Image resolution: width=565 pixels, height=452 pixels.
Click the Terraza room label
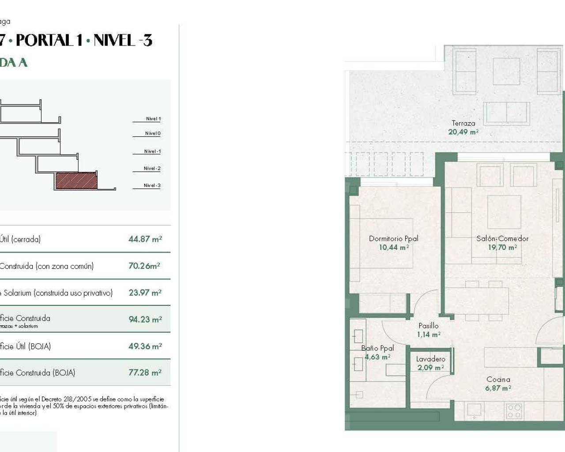pyautogui.click(x=463, y=123)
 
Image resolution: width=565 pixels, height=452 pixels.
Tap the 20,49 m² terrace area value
pyautogui.click(x=463, y=132)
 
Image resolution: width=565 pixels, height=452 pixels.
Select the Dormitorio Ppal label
pyautogui.click(x=393, y=239)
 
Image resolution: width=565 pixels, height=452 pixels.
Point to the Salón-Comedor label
pyautogui.click(x=502, y=239)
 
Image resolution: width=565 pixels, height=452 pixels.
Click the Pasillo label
pyautogui.click(x=429, y=326)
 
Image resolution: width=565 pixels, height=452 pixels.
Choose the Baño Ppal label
pyautogui.click(x=377, y=348)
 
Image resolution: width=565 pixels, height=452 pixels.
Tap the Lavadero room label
pyautogui.click(x=430, y=359)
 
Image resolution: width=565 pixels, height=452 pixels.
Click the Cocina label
pyautogui.click(x=498, y=379)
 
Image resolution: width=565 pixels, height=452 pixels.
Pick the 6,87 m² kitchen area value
pyautogui.click(x=498, y=388)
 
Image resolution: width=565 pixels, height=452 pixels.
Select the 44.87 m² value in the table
pyautogui.click(x=145, y=239)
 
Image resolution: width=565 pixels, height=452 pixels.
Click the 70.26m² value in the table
pyautogui.click(x=144, y=266)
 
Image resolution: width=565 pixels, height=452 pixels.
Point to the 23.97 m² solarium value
pyautogui.click(x=145, y=293)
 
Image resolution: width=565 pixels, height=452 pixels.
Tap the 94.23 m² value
pyautogui.click(x=145, y=319)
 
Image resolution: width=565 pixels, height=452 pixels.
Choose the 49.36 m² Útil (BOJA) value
pyautogui.click(x=145, y=347)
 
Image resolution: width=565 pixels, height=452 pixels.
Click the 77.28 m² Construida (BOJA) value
pyautogui.click(x=145, y=373)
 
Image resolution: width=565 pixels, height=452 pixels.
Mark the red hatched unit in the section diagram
pyautogui.click(x=76, y=180)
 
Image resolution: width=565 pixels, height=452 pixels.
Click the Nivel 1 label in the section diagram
pyautogui.click(x=153, y=119)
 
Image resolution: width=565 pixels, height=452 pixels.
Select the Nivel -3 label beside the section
pyautogui.click(x=152, y=185)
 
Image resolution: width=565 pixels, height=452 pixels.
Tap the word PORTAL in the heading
pyautogui.click(x=45, y=41)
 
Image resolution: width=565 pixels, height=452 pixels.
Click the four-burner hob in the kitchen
pyautogui.click(x=513, y=411)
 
